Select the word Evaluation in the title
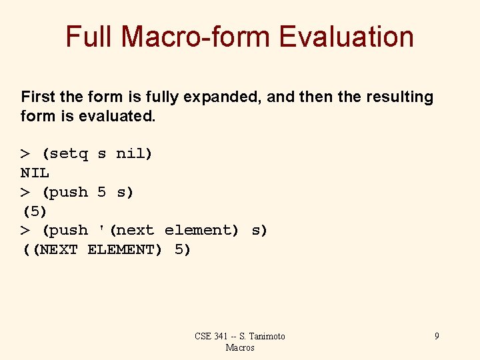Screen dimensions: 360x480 (347, 37)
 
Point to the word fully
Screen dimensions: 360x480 (158, 97)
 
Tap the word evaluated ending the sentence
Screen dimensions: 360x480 (117, 116)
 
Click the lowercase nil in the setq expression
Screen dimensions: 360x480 (132, 154)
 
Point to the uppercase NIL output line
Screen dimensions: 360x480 (35, 173)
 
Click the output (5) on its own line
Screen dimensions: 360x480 (35, 211)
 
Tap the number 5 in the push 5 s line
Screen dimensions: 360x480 (101, 192)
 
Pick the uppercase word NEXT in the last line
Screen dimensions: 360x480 (59, 249)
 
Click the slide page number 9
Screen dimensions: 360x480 (437, 336)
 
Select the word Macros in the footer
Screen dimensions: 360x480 (240, 347)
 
